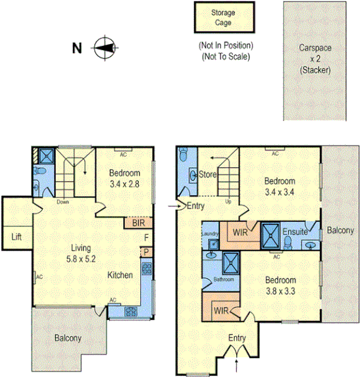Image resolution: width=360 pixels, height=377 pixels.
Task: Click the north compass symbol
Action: click(x=103, y=48)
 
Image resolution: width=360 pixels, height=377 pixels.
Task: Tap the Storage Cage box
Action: click(x=222, y=17)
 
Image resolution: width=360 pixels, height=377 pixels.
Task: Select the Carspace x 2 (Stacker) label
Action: click(x=315, y=58)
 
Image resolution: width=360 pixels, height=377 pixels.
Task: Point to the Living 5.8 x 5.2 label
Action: click(x=81, y=253)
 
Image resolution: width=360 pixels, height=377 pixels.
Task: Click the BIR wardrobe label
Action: click(x=138, y=223)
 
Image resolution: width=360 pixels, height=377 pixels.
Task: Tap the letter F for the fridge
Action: click(x=147, y=238)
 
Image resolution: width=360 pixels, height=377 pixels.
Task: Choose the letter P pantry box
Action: click(x=147, y=252)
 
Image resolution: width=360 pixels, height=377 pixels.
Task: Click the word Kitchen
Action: click(x=120, y=274)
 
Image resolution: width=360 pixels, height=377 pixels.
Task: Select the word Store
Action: click(x=208, y=175)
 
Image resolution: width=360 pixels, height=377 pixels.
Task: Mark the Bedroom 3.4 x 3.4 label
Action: click(x=280, y=187)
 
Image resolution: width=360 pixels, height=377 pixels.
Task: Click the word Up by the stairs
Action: click(x=228, y=201)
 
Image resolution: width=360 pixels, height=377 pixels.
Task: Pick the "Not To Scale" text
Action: click(x=226, y=57)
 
